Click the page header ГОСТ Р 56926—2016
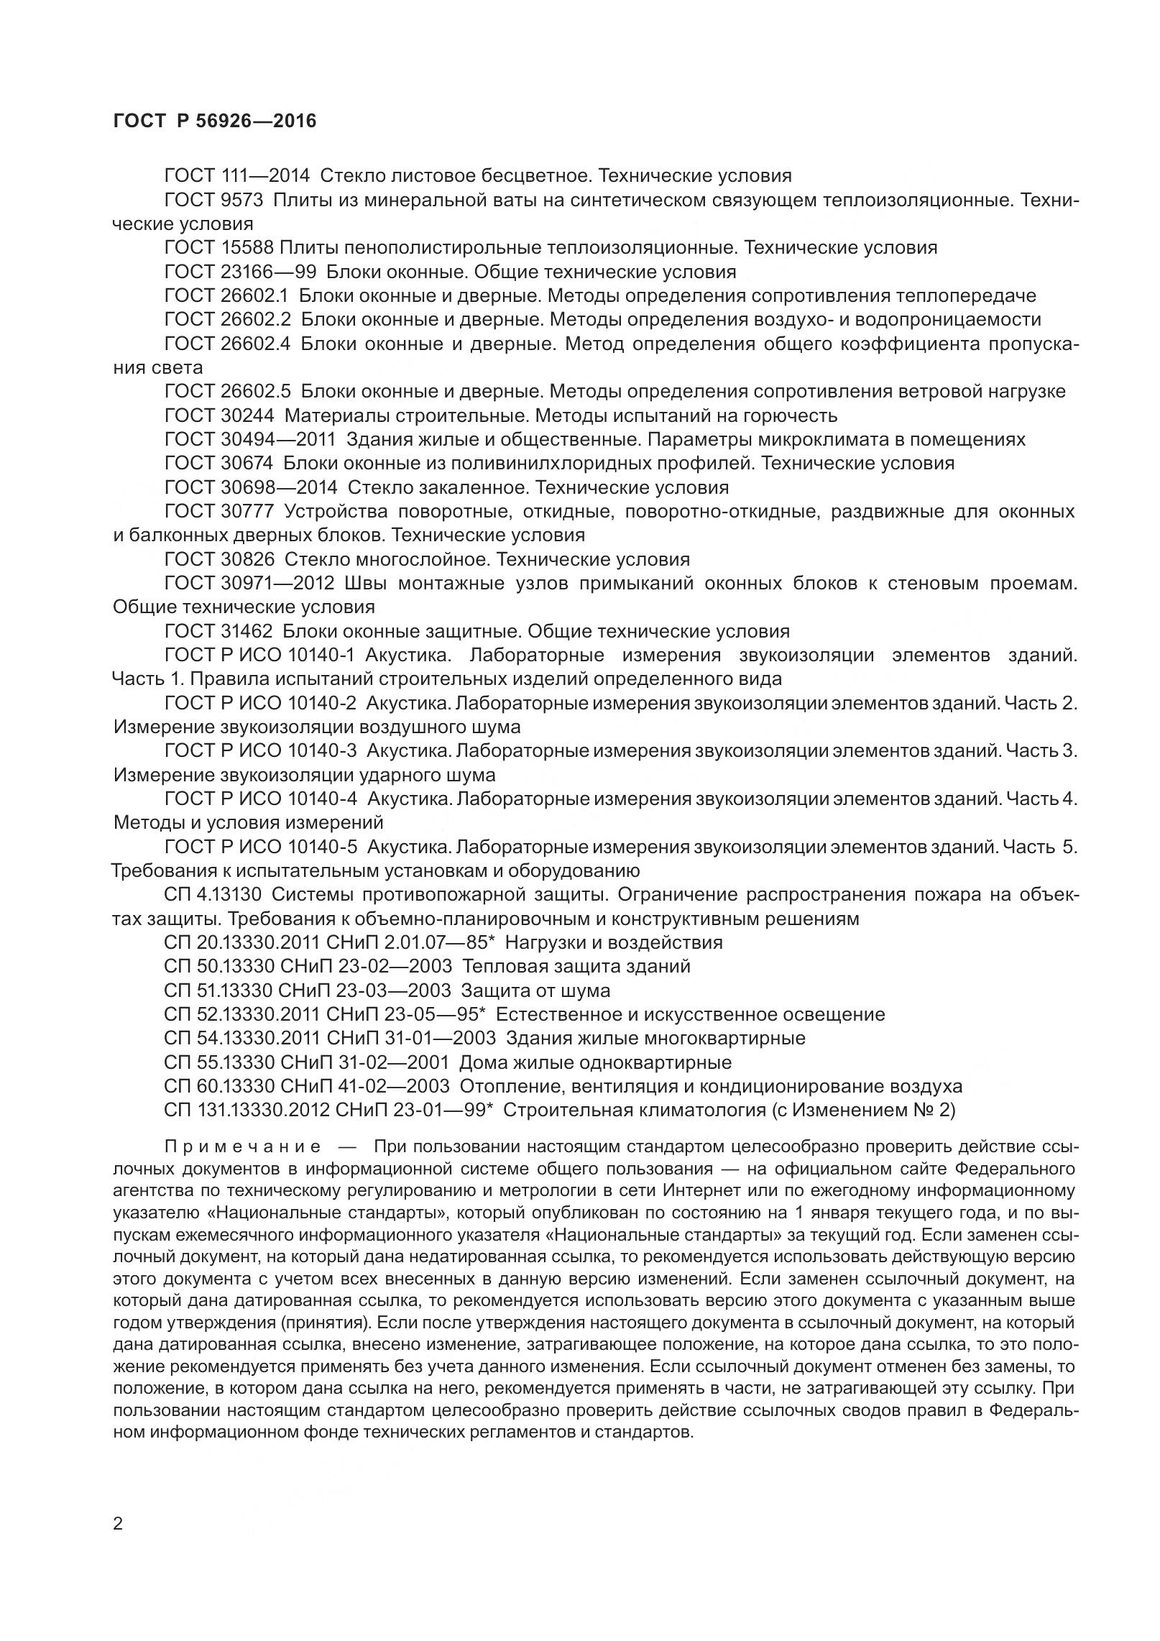[x=215, y=121]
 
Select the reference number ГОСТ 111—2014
[x=236, y=175]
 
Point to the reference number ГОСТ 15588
[x=218, y=248]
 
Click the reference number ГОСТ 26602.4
[x=226, y=344]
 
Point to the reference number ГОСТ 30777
[x=219, y=512]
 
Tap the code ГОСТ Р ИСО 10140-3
[x=260, y=751]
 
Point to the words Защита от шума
[x=535, y=990]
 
